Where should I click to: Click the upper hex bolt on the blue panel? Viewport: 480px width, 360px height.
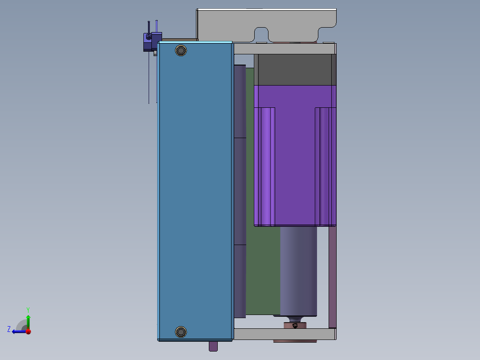coord(181,50)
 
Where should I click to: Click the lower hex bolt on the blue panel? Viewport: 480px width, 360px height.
coord(181,332)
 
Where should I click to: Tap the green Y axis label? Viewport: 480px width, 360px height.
coord(28,310)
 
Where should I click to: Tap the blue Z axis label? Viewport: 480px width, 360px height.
coord(9,329)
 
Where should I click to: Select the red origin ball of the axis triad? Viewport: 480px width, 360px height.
coord(28,331)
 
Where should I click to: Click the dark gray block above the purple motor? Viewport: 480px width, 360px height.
coord(295,70)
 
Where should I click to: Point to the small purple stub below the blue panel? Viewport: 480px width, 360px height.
coord(213,346)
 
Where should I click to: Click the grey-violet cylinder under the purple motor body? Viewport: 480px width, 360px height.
coord(298,271)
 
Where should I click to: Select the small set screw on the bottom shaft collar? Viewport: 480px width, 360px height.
coord(295,325)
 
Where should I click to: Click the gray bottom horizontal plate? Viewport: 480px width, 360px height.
coord(284,334)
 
